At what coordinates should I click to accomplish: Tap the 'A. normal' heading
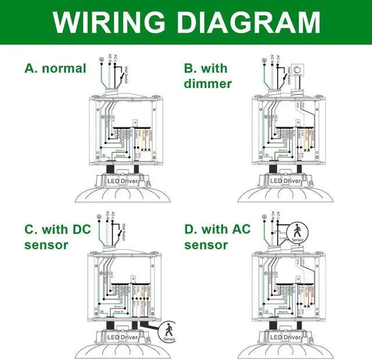click(x=55, y=69)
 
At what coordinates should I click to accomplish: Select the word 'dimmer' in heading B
click(x=208, y=84)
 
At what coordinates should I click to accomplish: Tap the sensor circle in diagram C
click(x=170, y=332)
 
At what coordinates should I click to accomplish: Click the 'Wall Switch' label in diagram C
click(x=125, y=224)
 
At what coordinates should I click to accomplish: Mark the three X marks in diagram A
click(x=145, y=150)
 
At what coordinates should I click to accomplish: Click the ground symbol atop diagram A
click(x=101, y=60)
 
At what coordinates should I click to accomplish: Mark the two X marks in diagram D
click(x=306, y=304)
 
